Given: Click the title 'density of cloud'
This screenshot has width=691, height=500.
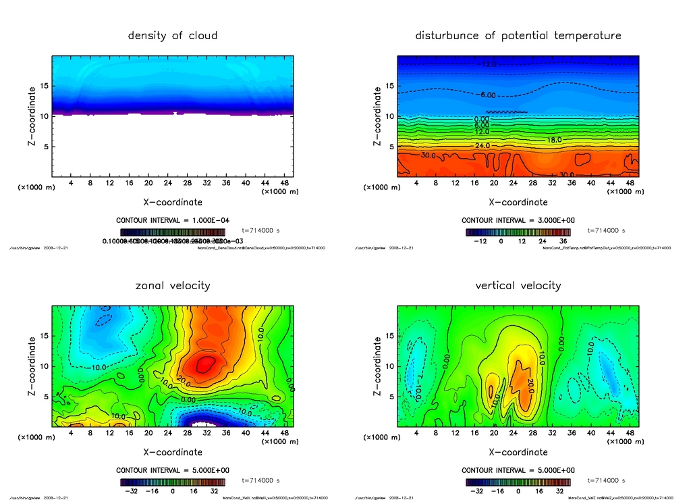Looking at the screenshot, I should (173, 35).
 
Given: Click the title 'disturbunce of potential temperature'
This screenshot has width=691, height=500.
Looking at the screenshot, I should (518, 35).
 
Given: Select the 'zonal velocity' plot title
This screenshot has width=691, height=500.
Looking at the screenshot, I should (173, 285).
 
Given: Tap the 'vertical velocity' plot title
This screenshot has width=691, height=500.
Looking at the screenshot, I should (518, 285).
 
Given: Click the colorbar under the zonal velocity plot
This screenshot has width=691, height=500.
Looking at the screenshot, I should (173, 482).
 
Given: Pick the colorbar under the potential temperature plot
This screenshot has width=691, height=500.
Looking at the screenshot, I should (518, 232).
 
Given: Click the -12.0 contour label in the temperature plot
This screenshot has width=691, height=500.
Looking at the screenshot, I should (488, 64).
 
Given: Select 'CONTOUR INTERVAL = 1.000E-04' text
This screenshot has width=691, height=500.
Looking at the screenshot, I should (173, 220).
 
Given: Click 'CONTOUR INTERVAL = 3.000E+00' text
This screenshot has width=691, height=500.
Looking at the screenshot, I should (518, 220).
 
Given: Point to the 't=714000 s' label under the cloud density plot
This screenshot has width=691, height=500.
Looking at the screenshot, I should (261, 230).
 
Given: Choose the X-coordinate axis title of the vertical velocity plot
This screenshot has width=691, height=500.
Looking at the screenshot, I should (518, 452).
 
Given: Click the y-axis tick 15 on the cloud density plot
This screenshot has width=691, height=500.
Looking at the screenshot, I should (45, 86).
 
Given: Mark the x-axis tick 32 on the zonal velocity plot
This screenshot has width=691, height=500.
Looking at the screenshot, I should (208, 433).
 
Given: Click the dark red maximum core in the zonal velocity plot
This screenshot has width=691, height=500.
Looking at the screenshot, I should (206, 365).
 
